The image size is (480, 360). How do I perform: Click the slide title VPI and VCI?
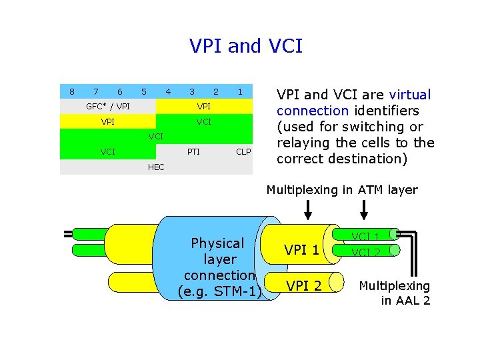[x=246, y=46]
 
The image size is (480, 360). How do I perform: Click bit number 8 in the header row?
[x=72, y=91]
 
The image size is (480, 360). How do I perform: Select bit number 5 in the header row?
[x=144, y=91]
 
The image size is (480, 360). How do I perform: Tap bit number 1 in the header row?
[x=240, y=91]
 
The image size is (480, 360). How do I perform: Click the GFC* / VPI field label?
[x=108, y=107]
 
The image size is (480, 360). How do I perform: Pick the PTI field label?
[x=193, y=152]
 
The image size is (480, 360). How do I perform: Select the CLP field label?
[x=243, y=152]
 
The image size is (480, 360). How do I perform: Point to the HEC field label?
[x=155, y=167]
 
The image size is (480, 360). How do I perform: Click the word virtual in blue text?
[x=410, y=95]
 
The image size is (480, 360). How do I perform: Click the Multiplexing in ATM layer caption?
[x=342, y=190]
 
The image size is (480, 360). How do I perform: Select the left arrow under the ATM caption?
[x=308, y=210]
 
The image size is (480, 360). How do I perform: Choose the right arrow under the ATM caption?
[x=364, y=210]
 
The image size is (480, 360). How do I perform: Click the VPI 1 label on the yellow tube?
[x=302, y=251]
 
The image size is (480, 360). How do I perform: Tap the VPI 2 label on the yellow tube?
[x=303, y=286]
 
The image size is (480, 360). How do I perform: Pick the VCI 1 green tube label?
[x=365, y=236]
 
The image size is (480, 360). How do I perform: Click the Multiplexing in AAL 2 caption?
[x=395, y=293]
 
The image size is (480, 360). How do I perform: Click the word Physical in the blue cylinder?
[x=217, y=243]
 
